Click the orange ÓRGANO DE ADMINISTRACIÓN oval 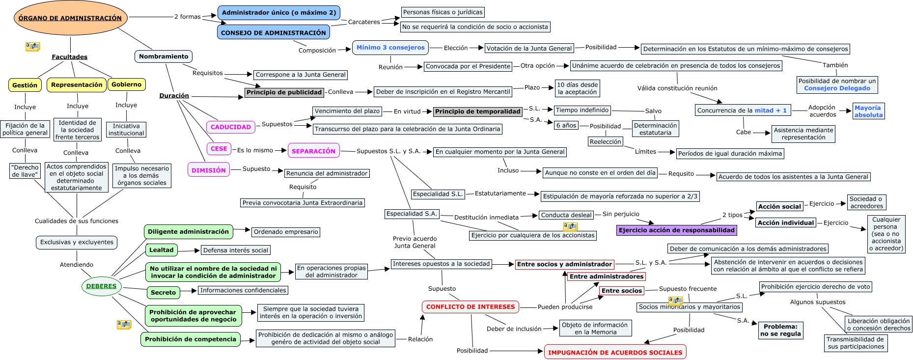point(71,18)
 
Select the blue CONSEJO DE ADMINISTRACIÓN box point(274,32)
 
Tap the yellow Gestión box point(25,85)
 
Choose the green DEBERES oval point(102,286)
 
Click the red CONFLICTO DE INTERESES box point(470,307)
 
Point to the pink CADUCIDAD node point(231,127)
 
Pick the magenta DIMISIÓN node point(209,170)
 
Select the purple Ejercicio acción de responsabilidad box point(677,230)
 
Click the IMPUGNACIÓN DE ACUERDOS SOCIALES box point(615,352)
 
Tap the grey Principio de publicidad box point(284,92)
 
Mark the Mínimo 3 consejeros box point(390,48)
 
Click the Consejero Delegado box point(837,85)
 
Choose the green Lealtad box point(162,250)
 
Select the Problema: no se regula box point(780,330)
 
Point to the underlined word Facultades point(70,57)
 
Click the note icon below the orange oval point(32,47)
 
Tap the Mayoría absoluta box point(868,111)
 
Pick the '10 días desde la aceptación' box point(577,88)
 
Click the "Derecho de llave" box point(25,171)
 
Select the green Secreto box point(163,293)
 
